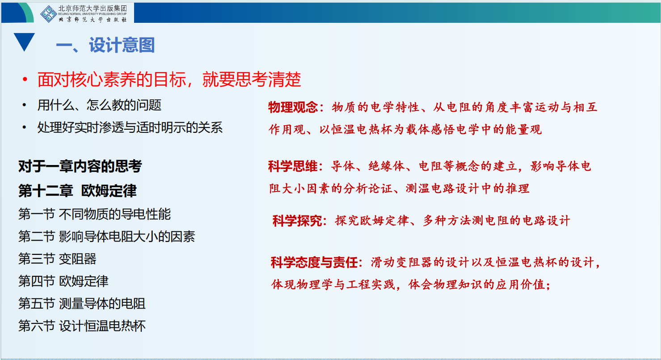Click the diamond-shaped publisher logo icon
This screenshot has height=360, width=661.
48,13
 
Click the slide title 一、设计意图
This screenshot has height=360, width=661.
105,45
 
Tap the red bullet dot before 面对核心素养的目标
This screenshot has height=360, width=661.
25,79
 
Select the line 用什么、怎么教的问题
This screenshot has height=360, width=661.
99,105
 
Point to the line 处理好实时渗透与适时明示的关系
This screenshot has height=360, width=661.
130,127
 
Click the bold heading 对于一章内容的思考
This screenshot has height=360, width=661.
80,166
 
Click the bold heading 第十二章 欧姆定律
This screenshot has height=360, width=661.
77,191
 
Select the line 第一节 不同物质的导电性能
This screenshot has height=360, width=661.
94,214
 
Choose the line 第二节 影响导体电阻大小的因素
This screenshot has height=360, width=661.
106,236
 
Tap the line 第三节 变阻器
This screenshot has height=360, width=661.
57,258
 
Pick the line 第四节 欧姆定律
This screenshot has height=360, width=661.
63,281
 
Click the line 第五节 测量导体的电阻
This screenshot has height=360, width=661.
82,303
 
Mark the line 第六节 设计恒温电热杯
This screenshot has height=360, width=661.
82,326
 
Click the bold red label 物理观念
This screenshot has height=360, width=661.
293,107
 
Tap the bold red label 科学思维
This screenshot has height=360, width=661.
293,166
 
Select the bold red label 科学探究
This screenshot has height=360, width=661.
297,221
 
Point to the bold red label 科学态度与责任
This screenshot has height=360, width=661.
314,262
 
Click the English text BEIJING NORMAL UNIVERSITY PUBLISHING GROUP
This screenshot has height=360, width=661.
93,14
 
